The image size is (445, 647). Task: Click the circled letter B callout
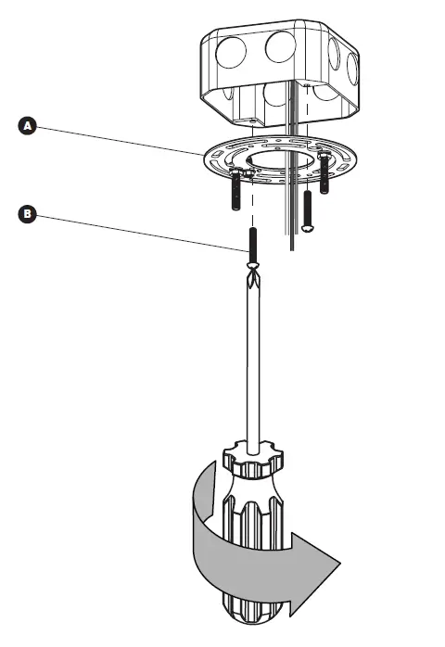click(28, 215)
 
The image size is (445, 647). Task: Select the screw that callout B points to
click(250, 244)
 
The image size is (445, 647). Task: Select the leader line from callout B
click(139, 229)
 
